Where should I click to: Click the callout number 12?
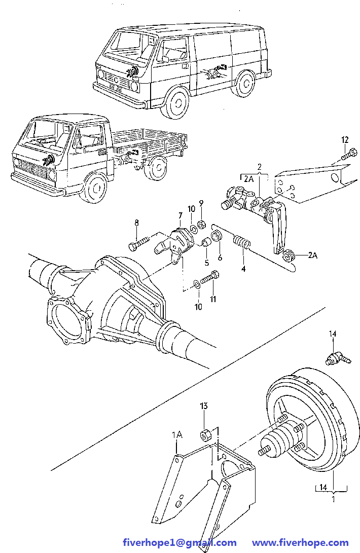[x=345, y=139]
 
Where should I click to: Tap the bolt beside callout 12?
[x=347, y=154]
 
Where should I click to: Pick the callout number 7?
[x=179, y=216]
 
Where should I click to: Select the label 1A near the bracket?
[x=176, y=434]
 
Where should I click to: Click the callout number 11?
[x=213, y=299]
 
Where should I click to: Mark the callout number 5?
[x=206, y=263]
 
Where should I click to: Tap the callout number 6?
[x=220, y=257]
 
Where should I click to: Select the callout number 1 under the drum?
[x=333, y=499]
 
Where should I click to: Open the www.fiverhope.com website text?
[x=300, y=542]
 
